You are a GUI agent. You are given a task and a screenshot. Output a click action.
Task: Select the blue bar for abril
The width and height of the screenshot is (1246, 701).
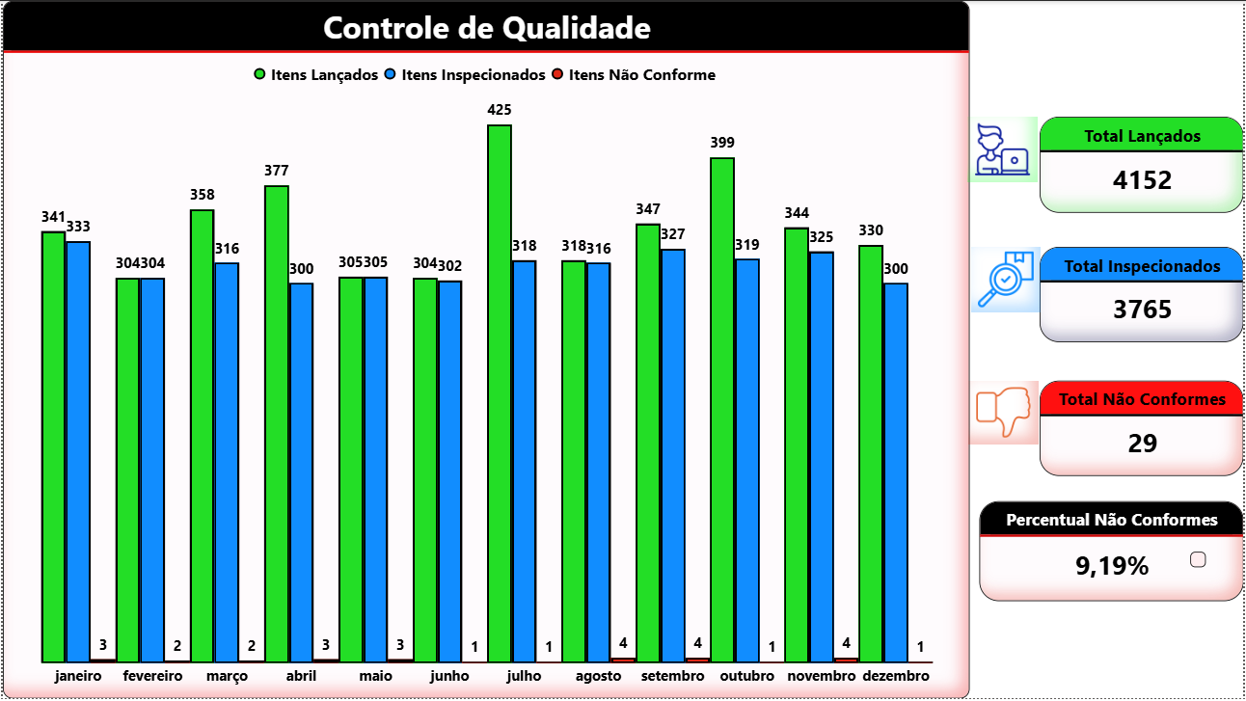tap(301, 472)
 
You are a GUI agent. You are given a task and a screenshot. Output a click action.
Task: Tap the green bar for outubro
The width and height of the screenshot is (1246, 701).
tap(722, 409)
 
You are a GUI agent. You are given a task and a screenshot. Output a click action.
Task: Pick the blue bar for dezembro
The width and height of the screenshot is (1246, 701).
tap(896, 472)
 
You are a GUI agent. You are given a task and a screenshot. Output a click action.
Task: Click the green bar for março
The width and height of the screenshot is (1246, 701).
tap(203, 435)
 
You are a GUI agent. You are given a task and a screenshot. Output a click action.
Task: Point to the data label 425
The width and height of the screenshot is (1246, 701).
tap(500, 110)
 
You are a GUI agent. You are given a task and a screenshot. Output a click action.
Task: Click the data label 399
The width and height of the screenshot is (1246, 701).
tap(722, 143)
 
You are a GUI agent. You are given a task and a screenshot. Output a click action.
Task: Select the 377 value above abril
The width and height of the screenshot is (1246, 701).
tap(277, 171)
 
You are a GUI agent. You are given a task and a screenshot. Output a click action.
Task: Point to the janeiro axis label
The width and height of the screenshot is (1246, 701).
tap(78, 676)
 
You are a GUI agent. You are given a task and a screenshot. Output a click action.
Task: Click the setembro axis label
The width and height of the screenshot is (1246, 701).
tap(673, 676)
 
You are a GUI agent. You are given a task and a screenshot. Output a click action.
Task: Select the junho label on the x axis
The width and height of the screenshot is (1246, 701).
tap(449, 676)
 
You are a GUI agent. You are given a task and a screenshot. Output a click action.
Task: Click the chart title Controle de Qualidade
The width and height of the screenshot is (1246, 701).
tap(486, 28)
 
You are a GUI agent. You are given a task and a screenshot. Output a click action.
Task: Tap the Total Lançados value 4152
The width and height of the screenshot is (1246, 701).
tap(1142, 179)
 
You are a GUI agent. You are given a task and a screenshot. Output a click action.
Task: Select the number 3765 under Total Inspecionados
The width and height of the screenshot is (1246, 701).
tap(1142, 310)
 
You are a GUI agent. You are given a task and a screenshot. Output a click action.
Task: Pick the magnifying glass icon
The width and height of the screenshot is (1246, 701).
tap(1004, 280)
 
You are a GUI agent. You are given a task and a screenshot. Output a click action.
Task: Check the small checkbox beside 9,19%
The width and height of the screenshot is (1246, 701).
tap(1199, 559)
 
